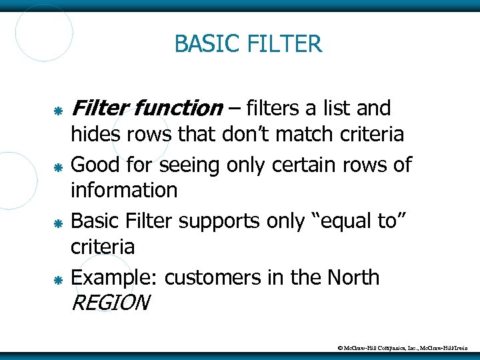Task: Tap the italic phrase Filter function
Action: (147, 107)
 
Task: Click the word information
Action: (124, 191)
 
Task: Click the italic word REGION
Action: (109, 303)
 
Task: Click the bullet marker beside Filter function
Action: (58, 109)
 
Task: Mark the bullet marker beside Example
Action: (58, 279)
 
